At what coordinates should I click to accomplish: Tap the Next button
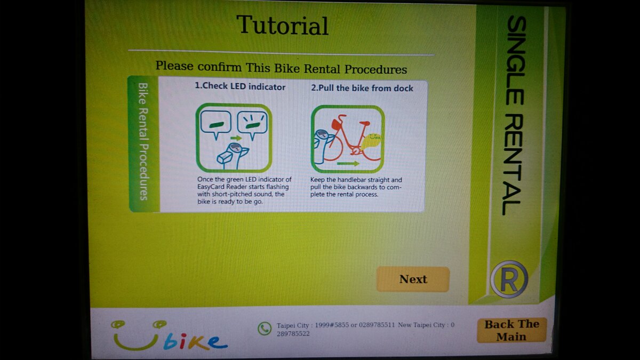pos(413,279)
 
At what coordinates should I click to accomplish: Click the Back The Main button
pos(511,330)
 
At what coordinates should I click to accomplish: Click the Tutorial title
pos(282,26)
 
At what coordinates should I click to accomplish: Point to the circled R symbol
pos(509,279)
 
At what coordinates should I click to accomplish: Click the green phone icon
pos(265,329)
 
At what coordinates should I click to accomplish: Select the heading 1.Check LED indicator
pos(240,87)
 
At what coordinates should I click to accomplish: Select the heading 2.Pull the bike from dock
pos(362,88)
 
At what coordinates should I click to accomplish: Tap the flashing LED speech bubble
pos(252,125)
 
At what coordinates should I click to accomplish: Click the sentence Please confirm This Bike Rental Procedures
pos(281,69)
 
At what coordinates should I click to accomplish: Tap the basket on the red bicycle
pos(337,125)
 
